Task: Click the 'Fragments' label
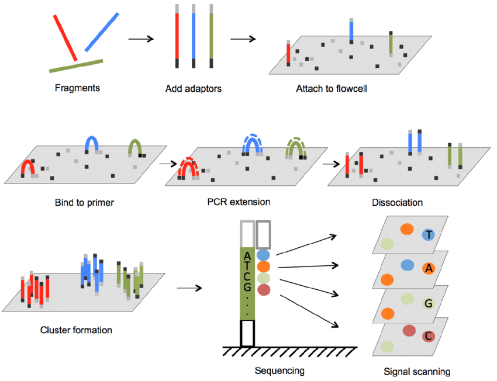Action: pos(77,89)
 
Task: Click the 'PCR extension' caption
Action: pos(238,202)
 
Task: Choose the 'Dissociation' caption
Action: pos(397,203)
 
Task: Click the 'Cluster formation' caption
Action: pos(76,330)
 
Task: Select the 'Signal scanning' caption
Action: pos(417,371)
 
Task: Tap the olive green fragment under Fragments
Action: pos(77,66)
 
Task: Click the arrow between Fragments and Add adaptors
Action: pos(140,39)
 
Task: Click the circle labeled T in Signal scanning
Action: pos(429,235)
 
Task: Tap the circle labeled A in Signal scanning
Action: pos(429,268)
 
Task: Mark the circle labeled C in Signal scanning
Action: pos(429,336)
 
